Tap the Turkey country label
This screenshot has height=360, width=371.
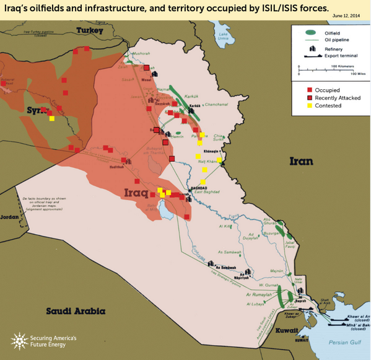(x=89, y=31)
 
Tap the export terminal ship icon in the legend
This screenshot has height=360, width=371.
(x=310, y=56)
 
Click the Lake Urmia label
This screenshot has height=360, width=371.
(x=225, y=38)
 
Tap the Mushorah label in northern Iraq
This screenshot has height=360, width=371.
(x=142, y=53)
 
